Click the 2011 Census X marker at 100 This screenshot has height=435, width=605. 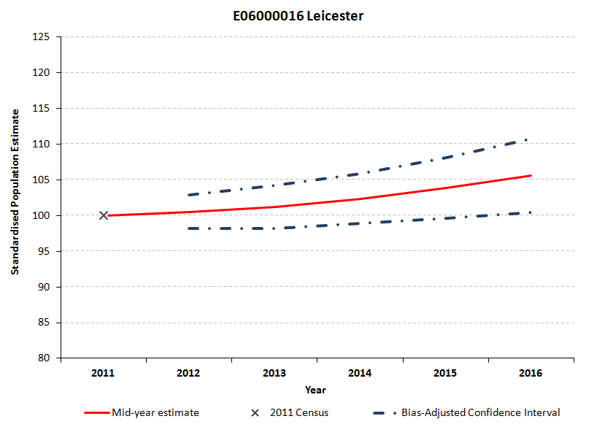104,215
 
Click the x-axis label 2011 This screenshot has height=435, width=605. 103,373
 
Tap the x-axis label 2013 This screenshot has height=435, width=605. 274,373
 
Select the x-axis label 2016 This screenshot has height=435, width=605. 531,373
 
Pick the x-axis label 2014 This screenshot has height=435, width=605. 360,373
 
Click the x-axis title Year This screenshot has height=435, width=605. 315,390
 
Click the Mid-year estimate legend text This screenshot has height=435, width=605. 155,413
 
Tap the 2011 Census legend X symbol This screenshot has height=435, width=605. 255,413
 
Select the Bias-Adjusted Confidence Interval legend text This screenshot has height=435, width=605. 481,413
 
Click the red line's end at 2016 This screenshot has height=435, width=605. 531,175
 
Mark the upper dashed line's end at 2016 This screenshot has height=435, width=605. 528,139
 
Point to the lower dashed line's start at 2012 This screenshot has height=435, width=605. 189,228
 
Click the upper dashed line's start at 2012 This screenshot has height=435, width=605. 189,195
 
